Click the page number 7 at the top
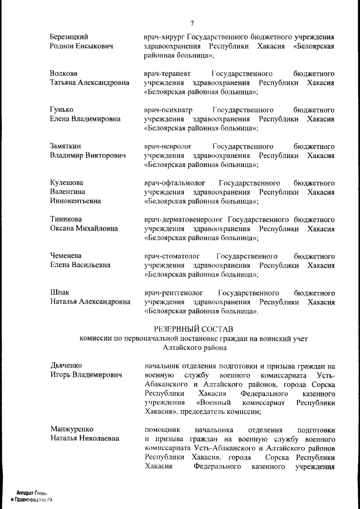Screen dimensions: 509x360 [192, 23]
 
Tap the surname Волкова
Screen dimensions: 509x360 [64, 74]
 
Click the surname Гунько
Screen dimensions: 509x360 [62, 110]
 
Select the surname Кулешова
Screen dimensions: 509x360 [67, 183]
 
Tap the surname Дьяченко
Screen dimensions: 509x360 [68, 365]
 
